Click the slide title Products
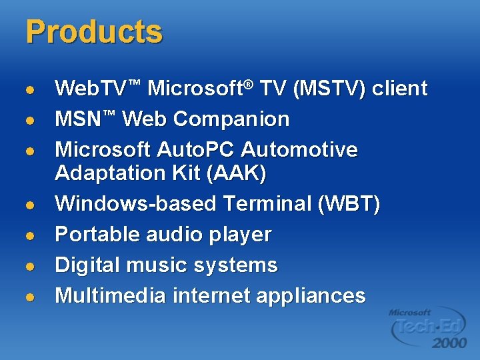93,32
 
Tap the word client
399,89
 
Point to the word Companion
231,119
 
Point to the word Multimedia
110,295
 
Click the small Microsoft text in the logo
409,312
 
